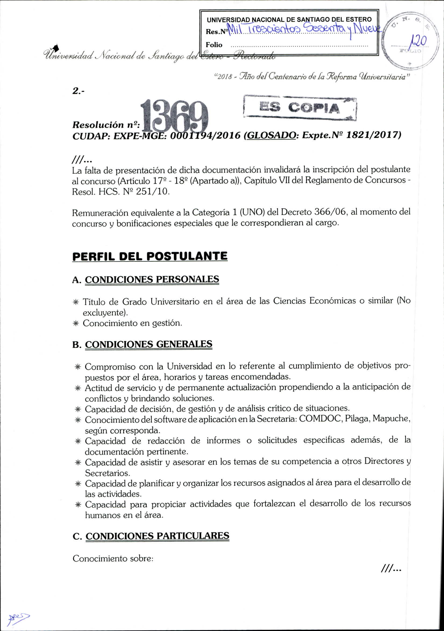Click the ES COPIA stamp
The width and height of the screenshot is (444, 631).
[x=300, y=108]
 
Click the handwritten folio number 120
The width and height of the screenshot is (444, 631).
[x=419, y=42]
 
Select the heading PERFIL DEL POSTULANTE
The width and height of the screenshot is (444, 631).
[x=150, y=256]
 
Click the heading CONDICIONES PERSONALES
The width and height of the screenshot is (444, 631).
[x=152, y=279]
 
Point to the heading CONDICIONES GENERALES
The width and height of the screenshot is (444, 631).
[x=148, y=344]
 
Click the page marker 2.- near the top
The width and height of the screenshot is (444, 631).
[x=79, y=91]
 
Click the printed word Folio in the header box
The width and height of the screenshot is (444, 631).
[x=214, y=45]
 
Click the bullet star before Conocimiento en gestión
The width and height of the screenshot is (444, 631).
[x=76, y=323]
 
